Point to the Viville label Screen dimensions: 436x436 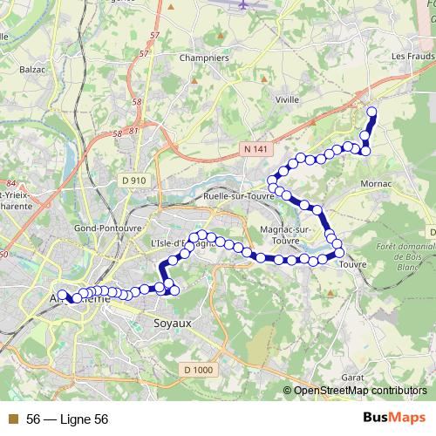pos(287,99)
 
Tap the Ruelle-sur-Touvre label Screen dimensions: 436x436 pos(238,196)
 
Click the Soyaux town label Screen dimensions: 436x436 pos(174,324)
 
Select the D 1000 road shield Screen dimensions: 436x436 pos(198,370)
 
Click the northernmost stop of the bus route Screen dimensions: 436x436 pos(371,111)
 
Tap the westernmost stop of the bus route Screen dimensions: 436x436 pos(61,295)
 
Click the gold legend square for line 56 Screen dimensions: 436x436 pos(12,419)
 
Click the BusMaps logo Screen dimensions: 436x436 pos(393,419)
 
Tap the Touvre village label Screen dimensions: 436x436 pos(352,263)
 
